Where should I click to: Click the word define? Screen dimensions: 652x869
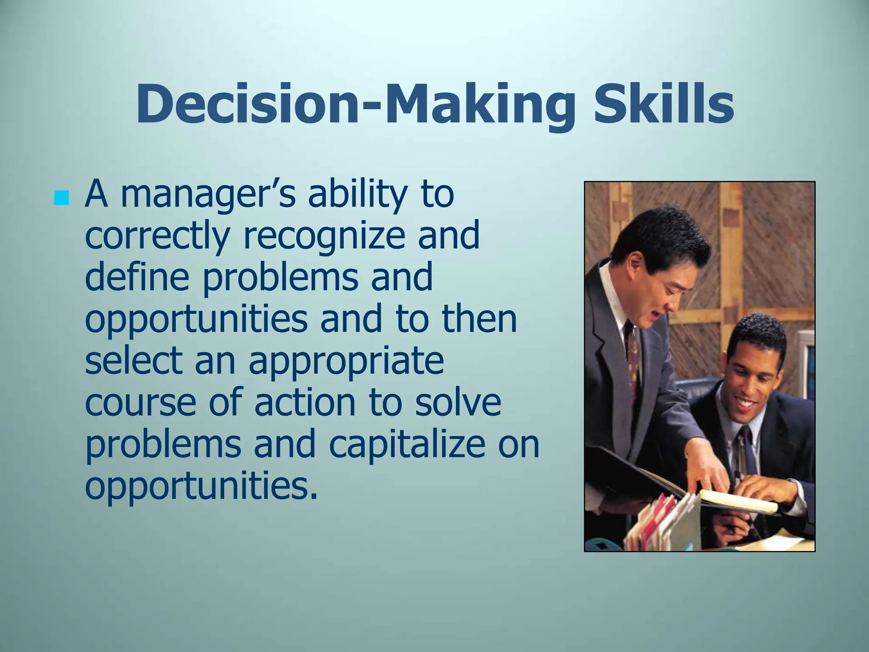[137, 277]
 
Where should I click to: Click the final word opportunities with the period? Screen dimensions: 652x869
[201, 486]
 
